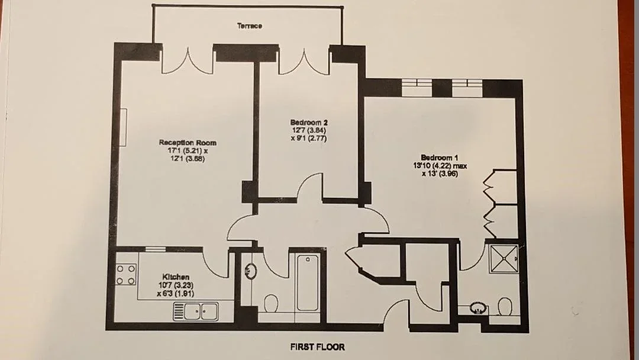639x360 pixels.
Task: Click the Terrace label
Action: [x=250, y=25]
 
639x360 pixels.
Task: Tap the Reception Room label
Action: [x=188, y=143]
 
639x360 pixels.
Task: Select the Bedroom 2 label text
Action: [x=309, y=123]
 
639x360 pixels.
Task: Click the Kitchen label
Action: [x=176, y=277]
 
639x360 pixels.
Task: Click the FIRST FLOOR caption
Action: [x=318, y=347]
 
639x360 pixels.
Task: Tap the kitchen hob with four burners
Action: [x=126, y=275]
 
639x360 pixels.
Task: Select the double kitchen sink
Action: [x=196, y=311]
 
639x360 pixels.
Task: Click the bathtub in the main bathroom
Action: [x=307, y=282]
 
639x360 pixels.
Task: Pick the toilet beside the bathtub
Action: [x=271, y=303]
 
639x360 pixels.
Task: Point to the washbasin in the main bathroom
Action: [x=250, y=271]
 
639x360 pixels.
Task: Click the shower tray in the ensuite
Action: [x=504, y=259]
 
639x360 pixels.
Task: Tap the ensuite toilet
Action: [x=505, y=306]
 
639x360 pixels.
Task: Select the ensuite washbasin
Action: [x=477, y=307]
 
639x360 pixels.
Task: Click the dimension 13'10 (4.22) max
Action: [x=440, y=166]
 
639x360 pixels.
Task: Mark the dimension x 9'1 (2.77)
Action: [x=309, y=138]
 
